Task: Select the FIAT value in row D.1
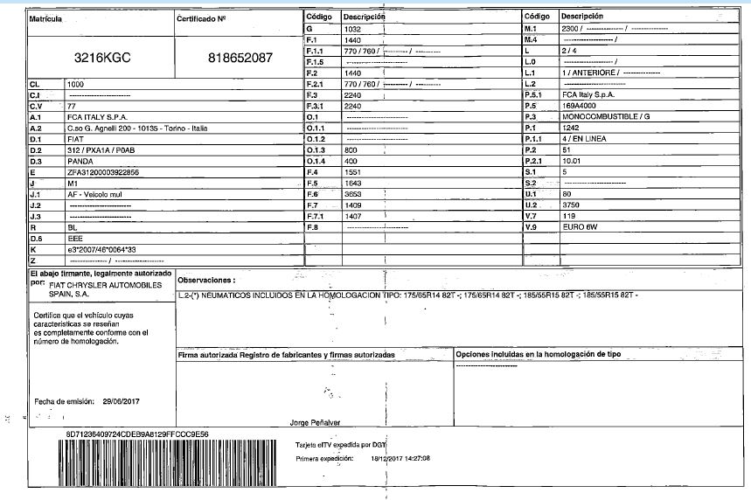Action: click(76, 138)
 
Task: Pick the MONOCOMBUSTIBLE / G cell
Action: click(607, 116)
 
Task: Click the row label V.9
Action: click(529, 227)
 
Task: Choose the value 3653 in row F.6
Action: click(353, 193)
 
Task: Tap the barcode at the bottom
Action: click(167, 462)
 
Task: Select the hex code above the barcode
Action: click(137, 433)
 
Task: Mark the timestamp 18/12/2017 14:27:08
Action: click(400, 457)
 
